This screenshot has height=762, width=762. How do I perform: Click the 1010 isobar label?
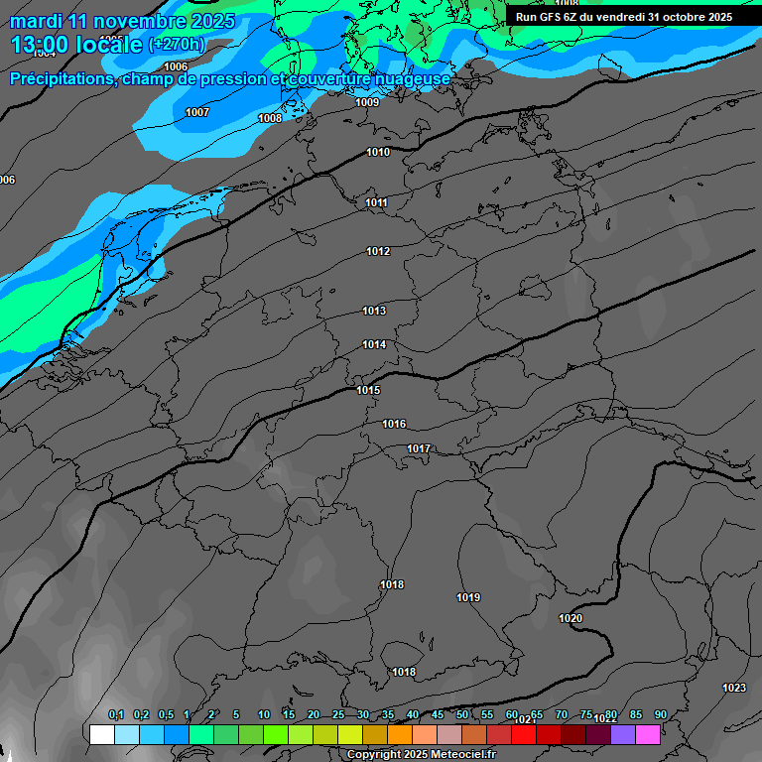tap(378, 152)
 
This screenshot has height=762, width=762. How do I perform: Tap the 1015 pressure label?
tap(368, 390)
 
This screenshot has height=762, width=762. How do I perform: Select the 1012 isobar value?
tap(378, 251)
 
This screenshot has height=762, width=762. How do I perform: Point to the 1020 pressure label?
tap(571, 618)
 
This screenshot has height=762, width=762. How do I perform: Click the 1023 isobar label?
tap(734, 688)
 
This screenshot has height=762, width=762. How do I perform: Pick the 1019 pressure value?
tap(468, 597)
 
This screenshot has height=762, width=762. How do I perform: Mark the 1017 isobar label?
tap(419, 448)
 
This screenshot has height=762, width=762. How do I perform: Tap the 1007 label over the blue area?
tap(197, 112)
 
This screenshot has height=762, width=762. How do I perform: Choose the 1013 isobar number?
tap(374, 311)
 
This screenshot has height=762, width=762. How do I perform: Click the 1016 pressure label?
tap(394, 424)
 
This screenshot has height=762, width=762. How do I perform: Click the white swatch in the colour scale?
tap(101, 734)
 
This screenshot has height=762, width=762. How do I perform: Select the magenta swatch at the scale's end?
tap(648, 734)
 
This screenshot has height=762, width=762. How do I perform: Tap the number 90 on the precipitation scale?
tap(661, 714)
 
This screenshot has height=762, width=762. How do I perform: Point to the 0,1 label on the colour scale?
tap(116, 714)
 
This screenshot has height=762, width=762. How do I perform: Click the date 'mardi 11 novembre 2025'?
tap(123, 21)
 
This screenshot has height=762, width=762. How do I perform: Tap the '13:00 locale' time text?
tap(76, 44)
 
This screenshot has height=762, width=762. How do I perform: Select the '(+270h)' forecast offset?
tap(177, 44)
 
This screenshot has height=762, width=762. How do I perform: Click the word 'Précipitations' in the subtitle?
tap(61, 78)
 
